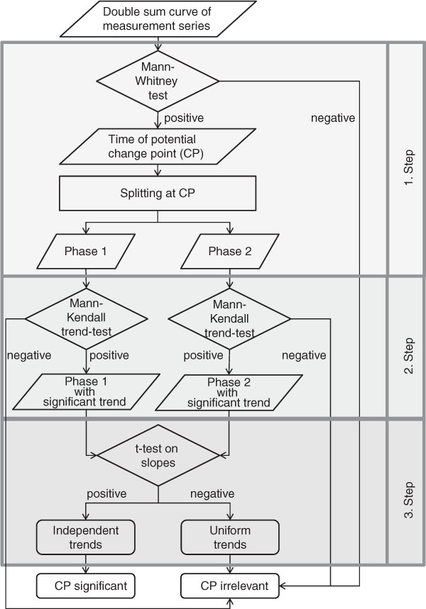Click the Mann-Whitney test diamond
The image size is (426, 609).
tap(158, 81)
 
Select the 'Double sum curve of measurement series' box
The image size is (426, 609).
tap(158, 18)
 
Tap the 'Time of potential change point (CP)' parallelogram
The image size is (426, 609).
tap(158, 147)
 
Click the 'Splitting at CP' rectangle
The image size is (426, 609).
tap(158, 193)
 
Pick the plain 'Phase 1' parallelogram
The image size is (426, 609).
tap(86, 251)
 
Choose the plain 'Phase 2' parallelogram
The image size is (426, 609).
tap(229, 251)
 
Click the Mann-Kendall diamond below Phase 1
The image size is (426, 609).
tap(86, 318)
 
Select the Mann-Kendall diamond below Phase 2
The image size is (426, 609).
tap(229, 319)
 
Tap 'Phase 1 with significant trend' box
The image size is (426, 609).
tap(86, 391)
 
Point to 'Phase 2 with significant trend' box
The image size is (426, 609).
tap(229, 392)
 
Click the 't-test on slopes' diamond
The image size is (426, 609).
tap(158, 455)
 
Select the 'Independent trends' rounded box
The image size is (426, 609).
tap(86, 537)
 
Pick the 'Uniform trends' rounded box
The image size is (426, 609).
tap(230, 537)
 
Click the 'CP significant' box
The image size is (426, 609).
tap(86, 586)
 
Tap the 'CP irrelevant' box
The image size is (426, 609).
tap(230, 586)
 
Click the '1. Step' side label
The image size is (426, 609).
tap(408, 167)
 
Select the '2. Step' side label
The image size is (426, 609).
tap(408, 356)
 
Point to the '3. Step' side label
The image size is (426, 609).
tap(408, 500)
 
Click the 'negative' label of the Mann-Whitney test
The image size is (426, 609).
tap(333, 118)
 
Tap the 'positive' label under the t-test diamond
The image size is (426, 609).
tap(106, 493)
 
